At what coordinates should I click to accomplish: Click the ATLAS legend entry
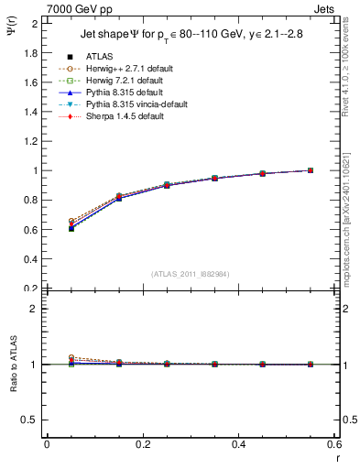tap(99, 57)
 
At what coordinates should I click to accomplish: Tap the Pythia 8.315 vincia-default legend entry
tap(136, 104)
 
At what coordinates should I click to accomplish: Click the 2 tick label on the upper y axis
tap(34, 24)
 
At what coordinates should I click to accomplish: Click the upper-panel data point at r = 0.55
tap(311, 170)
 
